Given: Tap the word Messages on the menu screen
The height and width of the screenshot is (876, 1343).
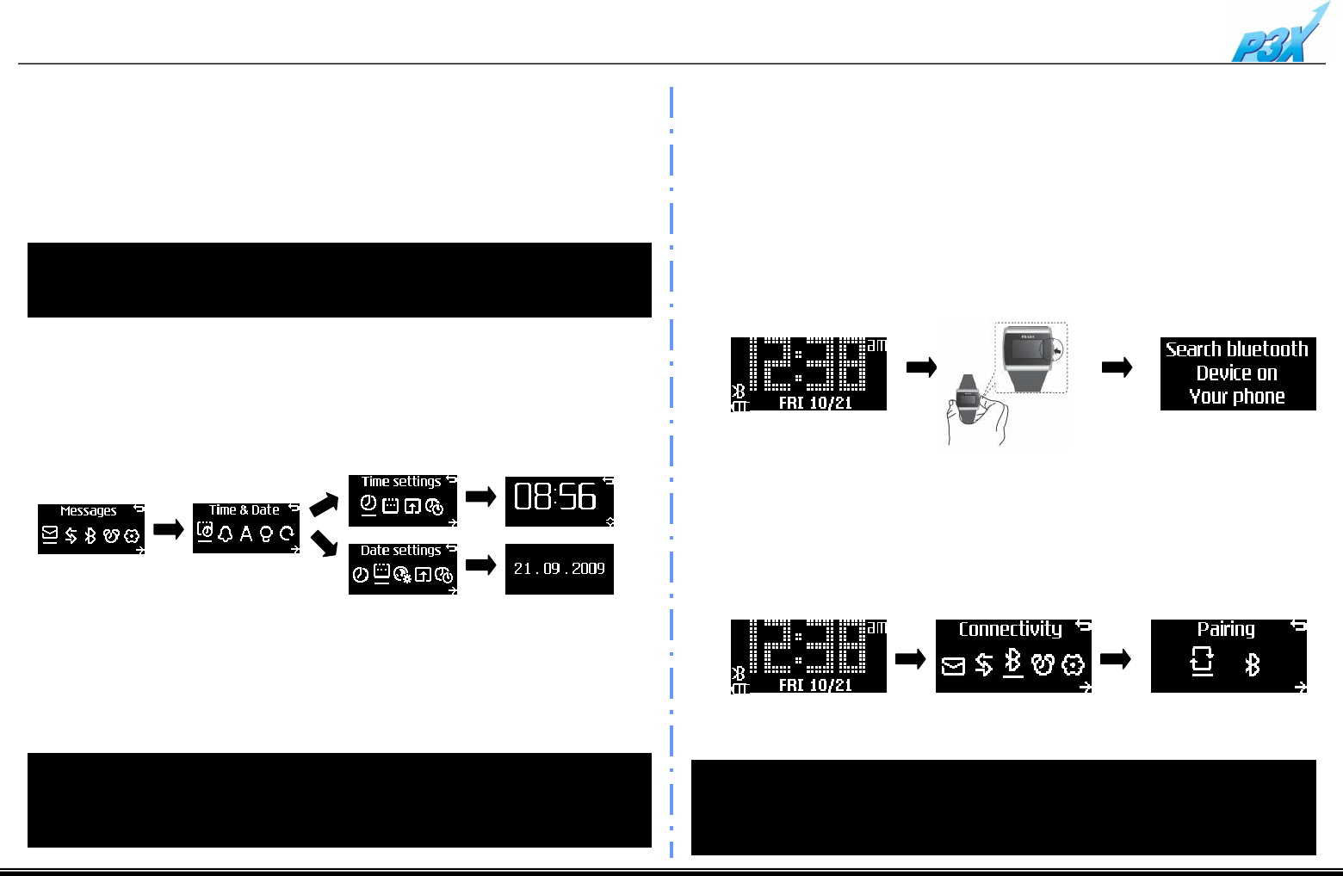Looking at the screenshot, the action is point(88,510).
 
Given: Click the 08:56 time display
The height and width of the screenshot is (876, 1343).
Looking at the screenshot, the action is point(555,497).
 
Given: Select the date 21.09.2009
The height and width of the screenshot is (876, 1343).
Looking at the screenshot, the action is point(559,569).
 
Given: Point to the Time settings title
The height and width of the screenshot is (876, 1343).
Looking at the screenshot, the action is point(401,482).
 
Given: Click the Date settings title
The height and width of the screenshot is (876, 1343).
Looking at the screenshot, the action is point(400,551).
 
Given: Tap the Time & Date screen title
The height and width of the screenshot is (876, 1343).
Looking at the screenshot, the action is point(244,510).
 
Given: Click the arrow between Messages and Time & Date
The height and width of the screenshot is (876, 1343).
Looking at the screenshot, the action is point(168,529).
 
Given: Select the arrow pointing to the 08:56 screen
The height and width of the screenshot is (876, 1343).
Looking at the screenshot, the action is point(481,497).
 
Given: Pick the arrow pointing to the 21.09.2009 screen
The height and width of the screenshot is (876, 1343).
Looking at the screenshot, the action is point(481,565).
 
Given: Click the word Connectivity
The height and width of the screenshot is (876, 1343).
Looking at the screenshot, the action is point(1010,629).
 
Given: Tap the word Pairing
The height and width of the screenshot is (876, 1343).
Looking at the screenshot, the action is point(1226,629).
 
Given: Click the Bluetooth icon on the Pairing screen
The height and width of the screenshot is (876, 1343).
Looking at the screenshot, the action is point(1253,664).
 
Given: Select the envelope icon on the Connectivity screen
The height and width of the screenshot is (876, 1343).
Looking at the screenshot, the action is point(953,665).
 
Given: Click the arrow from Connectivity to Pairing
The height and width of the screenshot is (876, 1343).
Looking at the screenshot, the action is point(1117,659).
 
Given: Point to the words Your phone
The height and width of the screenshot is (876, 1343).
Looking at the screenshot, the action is point(1237,397).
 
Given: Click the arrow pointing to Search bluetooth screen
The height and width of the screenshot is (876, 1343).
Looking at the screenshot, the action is point(1117,368).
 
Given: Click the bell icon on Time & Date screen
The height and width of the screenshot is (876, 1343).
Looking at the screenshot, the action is point(226,534).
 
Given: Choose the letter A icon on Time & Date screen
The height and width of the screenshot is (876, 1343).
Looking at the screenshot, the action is point(246,534).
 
